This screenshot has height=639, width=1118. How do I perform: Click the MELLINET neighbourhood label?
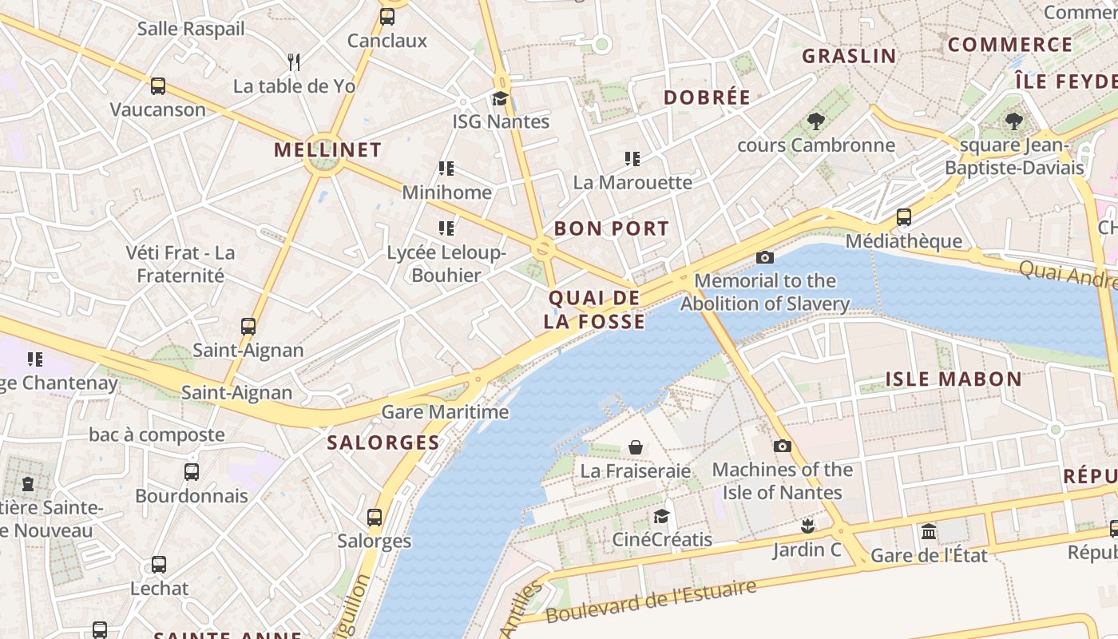click(x=327, y=149)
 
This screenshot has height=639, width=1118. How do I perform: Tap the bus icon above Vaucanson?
click(x=158, y=86)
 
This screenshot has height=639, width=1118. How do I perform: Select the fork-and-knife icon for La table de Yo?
click(x=294, y=62)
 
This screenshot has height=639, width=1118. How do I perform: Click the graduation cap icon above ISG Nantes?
click(x=500, y=99)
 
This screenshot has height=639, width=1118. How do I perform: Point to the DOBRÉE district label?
click(x=708, y=97)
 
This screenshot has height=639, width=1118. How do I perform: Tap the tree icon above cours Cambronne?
click(x=815, y=121)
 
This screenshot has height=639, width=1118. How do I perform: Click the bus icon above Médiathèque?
click(x=903, y=217)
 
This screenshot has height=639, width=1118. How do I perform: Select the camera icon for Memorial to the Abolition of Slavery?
click(x=764, y=257)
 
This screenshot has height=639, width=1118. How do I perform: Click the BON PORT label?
click(x=611, y=228)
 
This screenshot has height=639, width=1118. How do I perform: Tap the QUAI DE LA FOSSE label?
click(x=594, y=310)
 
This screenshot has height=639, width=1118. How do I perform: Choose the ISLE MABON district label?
click(x=953, y=379)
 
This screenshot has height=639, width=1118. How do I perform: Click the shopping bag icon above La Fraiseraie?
click(x=636, y=447)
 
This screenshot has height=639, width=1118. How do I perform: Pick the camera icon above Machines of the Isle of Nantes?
click(x=782, y=447)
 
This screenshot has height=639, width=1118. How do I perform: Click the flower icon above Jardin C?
click(x=807, y=526)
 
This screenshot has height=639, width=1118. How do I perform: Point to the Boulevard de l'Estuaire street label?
click(x=651, y=602)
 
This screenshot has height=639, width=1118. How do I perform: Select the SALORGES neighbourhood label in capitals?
click(x=383, y=443)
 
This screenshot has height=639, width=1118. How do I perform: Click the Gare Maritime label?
click(x=445, y=412)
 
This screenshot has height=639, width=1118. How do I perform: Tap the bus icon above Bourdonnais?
click(x=192, y=472)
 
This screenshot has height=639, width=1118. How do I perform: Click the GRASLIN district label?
click(x=849, y=56)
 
